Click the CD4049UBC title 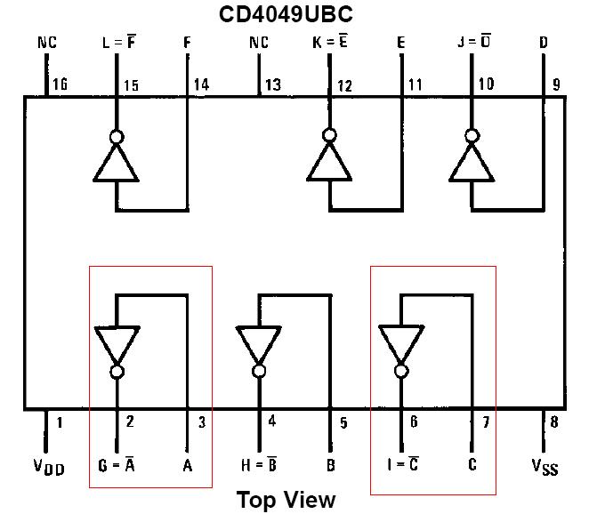(x=286, y=15)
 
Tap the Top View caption (x=286, y=499)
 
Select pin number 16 (x=61, y=85)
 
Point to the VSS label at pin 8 (x=545, y=466)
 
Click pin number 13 (x=273, y=85)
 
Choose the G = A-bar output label (x=117, y=464)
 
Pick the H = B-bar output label (x=259, y=464)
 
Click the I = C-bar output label (x=401, y=464)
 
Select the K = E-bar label (x=330, y=43)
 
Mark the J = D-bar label (x=472, y=43)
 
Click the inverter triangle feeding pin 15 (x=117, y=164)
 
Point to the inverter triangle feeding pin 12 (x=330, y=164)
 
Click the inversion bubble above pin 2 (x=117, y=371)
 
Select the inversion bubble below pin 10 (x=472, y=136)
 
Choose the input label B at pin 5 (x=330, y=464)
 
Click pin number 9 (x=556, y=85)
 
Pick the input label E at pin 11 (x=401, y=43)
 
